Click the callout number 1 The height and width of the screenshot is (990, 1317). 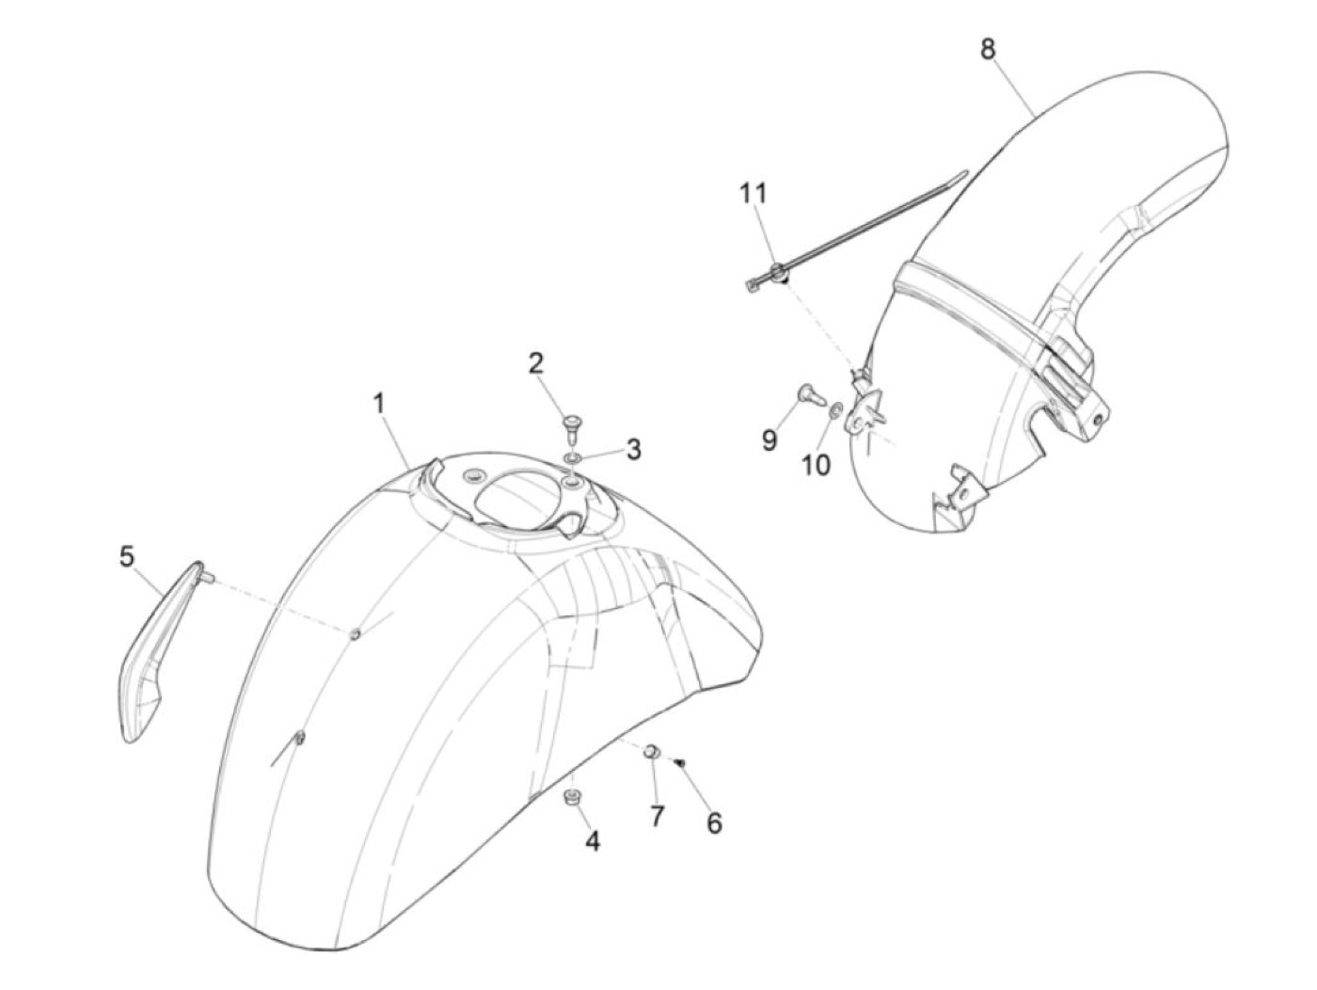[x=378, y=406]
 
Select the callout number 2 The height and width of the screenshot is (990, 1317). [x=535, y=363]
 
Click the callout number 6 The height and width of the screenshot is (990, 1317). [x=715, y=824]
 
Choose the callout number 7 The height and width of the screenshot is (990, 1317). [x=657, y=816]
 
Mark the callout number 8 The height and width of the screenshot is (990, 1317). [x=988, y=49]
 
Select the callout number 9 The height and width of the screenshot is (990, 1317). [x=770, y=439]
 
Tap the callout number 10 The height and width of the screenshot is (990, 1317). [x=816, y=464]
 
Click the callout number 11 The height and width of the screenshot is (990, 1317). [x=753, y=194]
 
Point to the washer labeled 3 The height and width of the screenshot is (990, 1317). [x=573, y=457]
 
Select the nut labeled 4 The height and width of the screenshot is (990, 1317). [x=569, y=798]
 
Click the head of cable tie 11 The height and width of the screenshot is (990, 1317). [x=777, y=274]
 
